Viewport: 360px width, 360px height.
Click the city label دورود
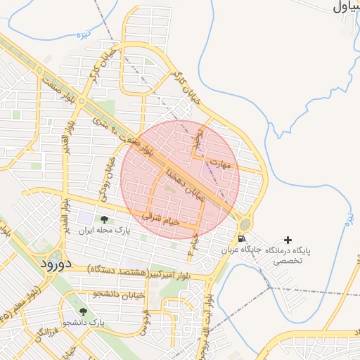(x=53, y=264)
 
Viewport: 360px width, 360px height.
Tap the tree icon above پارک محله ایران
(x=105, y=220)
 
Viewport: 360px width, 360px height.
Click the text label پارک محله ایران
(x=105, y=231)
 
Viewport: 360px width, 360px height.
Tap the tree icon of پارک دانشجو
(x=83, y=311)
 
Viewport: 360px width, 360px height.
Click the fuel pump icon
(x=243, y=239)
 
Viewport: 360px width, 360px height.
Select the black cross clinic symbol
(x=287, y=240)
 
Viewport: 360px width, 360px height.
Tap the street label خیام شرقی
(x=161, y=219)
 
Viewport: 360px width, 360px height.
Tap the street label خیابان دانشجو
(x=118, y=295)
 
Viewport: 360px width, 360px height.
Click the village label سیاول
(x=345, y=8)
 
